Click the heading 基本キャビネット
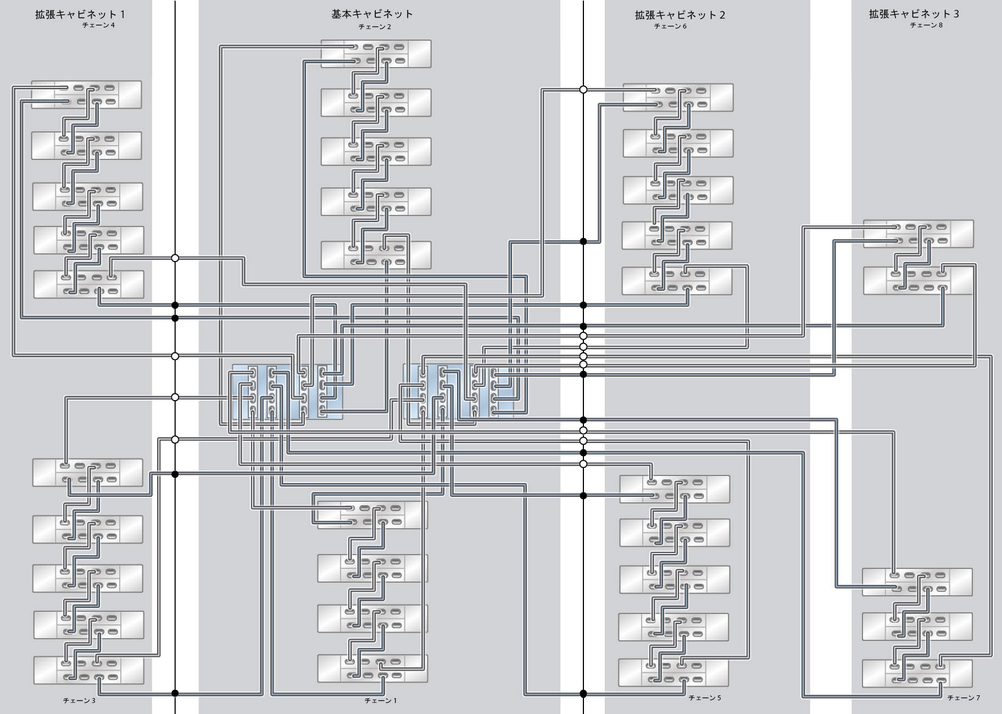pos(372,14)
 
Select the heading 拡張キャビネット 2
pos(680,15)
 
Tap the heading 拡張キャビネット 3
pos(914,14)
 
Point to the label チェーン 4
pos(98,25)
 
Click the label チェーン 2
pos(375,27)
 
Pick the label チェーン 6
pos(670,26)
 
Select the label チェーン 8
pos(926,25)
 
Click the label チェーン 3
pos(79,701)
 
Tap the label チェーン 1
pos(381,701)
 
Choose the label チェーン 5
pos(705,698)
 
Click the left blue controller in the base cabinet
pos(287,391)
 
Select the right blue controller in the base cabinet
pos(458,391)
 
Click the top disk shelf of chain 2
pos(376,54)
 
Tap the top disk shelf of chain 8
pos(918,234)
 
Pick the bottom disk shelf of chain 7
pos(917,673)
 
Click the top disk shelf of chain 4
pos(86,95)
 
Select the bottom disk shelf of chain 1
pos(372,668)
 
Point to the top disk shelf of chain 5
pos(675,489)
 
